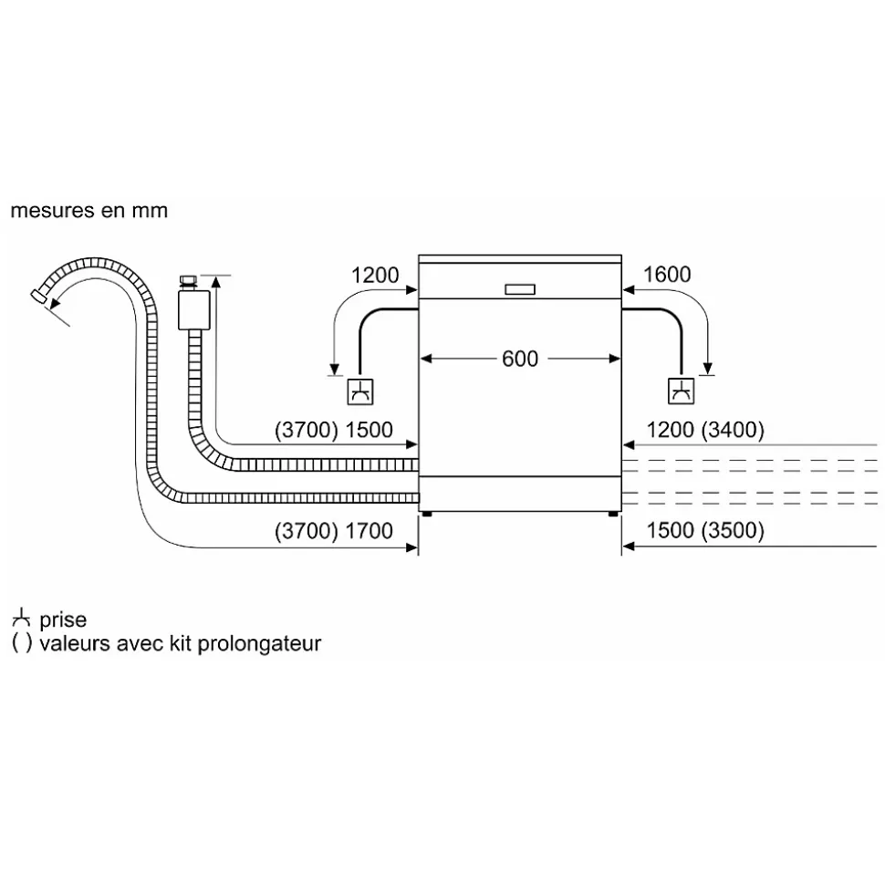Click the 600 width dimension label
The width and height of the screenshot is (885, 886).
[x=520, y=360]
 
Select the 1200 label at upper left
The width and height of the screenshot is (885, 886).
[x=375, y=275]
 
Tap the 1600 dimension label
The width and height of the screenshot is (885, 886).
[x=667, y=275]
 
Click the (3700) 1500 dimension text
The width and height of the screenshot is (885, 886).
[x=333, y=431]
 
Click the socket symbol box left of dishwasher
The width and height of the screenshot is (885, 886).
[x=360, y=391]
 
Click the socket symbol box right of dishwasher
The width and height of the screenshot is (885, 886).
[x=681, y=391]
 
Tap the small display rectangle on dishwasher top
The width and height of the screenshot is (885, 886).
[x=519, y=289]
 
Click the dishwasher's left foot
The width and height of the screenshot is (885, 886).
[x=426, y=515]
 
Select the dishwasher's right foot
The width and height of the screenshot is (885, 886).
[x=613, y=515]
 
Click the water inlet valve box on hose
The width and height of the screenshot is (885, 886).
[x=192, y=309]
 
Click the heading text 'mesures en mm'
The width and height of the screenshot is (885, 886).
[x=89, y=211]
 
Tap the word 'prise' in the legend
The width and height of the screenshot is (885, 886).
[x=63, y=620]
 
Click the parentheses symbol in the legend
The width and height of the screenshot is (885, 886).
[x=22, y=643]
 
